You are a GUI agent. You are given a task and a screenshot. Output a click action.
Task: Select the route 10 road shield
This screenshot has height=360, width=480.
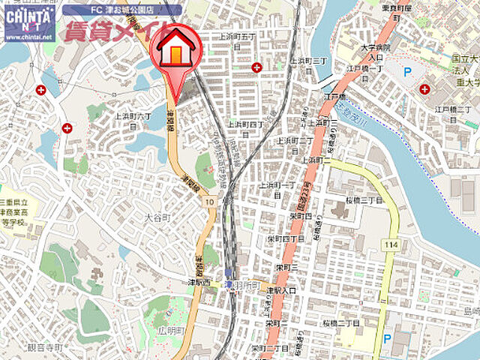click(x=209, y=202)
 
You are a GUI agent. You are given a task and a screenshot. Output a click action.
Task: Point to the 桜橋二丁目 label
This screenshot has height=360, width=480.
click(x=341, y=322)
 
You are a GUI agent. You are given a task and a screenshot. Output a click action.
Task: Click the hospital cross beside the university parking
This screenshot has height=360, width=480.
click(x=424, y=89)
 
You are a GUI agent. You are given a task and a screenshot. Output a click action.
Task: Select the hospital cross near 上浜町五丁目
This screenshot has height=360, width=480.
click(x=257, y=67)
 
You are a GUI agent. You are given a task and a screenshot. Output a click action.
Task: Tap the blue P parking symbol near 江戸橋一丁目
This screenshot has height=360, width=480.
click(x=408, y=72)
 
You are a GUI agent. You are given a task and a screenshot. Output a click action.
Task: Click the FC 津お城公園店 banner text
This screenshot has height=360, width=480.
click(x=121, y=10)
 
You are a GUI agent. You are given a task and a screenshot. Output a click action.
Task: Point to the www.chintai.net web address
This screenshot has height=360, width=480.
click(x=28, y=35)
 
